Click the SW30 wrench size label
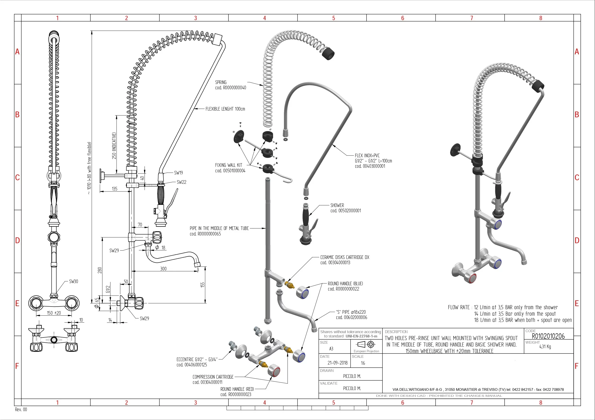point(73,281)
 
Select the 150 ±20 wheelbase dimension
point(54,313)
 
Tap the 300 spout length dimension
point(163,269)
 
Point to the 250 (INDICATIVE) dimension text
point(114,146)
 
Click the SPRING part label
point(221,82)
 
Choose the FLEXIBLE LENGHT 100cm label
point(225,109)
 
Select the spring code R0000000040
point(231,88)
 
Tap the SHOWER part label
point(337,205)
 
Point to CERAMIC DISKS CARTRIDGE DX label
point(345,257)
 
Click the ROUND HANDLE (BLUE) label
point(345,284)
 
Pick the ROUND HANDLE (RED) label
point(237,389)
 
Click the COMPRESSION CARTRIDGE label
point(213,377)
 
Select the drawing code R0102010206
point(548,336)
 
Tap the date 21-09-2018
point(337,363)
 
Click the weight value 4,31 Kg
point(545,347)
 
